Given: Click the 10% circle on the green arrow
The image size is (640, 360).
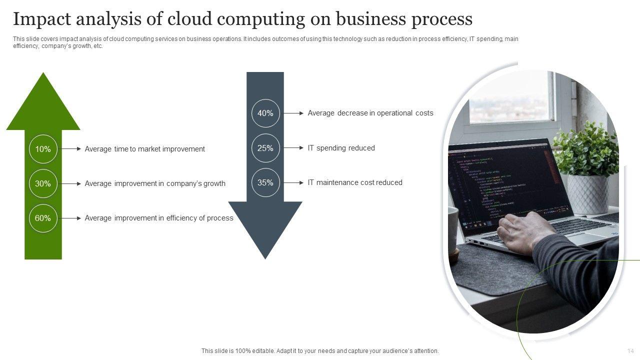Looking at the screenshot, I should coord(43,149).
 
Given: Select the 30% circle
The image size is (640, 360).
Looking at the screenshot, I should coord(43,183).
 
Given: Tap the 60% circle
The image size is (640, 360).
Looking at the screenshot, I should coord(43,218).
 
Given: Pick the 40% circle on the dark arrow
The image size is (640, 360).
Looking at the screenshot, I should coord(265,113).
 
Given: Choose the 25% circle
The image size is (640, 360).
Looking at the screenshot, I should coord(265,148).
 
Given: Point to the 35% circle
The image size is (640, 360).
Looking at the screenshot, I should coord(265,182).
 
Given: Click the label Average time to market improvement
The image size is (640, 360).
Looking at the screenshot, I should coord(144,149).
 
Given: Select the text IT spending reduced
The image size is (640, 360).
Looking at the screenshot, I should coord(341,148).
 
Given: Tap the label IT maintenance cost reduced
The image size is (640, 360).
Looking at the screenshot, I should coord(355,182).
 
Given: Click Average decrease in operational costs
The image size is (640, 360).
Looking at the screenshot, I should coord(370,113).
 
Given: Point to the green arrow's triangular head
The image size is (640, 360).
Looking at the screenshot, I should coord(43,105).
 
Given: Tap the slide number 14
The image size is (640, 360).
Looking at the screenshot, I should coord(630,351).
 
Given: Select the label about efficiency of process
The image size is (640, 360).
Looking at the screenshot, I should coord(159,218).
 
